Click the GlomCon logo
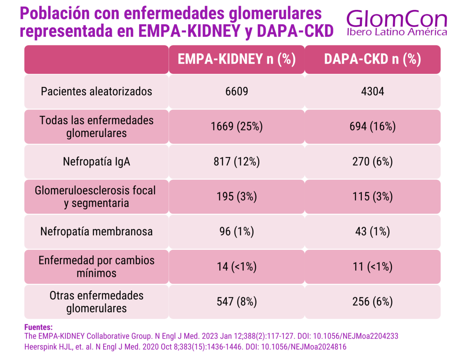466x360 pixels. click(x=396, y=23)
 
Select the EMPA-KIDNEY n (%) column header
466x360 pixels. click(x=236, y=59)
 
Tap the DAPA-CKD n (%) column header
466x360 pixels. click(x=372, y=59)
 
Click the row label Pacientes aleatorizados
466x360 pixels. click(x=96, y=92)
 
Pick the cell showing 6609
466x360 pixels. click(x=236, y=92)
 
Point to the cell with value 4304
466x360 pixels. click(x=372, y=92)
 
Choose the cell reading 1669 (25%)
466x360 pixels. click(x=236, y=127)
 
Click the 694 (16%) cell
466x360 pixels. click(x=372, y=127)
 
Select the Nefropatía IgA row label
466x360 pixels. click(x=96, y=162)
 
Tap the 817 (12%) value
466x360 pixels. click(x=236, y=162)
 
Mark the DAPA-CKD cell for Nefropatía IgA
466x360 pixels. click(x=372, y=162)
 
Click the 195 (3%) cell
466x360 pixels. click(x=236, y=197)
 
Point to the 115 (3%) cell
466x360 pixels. click(x=372, y=197)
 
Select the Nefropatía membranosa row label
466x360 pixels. click(x=96, y=232)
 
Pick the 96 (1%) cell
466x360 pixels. click(x=236, y=232)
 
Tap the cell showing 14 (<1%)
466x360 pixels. click(x=236, y=267)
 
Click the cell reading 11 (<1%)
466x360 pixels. click(x=372, y=267)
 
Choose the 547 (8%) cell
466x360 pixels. click(x=236, y=302)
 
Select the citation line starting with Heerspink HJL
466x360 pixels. click(x=185, y=347)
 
